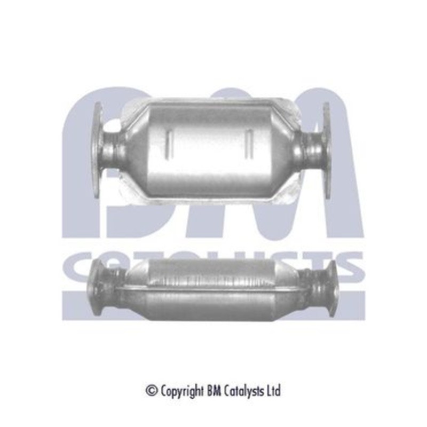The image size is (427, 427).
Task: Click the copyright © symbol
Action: coord(152,391)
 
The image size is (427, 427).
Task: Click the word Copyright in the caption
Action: coord(182,392)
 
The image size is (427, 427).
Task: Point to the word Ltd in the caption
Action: coord(274,391)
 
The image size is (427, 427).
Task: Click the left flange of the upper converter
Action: coord(99,150)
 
